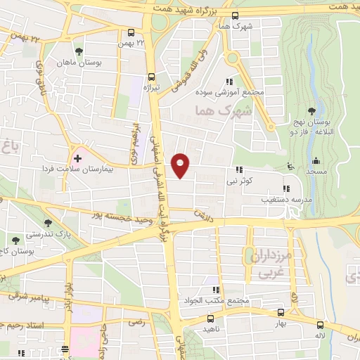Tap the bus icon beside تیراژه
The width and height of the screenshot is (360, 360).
(x=150, y=77)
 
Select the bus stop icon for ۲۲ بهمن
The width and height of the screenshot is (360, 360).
(x=131, y=32)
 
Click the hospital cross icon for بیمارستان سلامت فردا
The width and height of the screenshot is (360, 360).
(x=77, y=150)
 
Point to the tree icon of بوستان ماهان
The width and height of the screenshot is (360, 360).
(x=79, y=51)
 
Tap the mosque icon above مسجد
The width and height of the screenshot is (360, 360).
(x=316, y=161)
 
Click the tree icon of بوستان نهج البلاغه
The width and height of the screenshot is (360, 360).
(x=311, y=110)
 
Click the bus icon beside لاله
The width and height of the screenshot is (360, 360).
(x=321, y=325)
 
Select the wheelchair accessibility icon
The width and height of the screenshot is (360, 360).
(x=290, y=167)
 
